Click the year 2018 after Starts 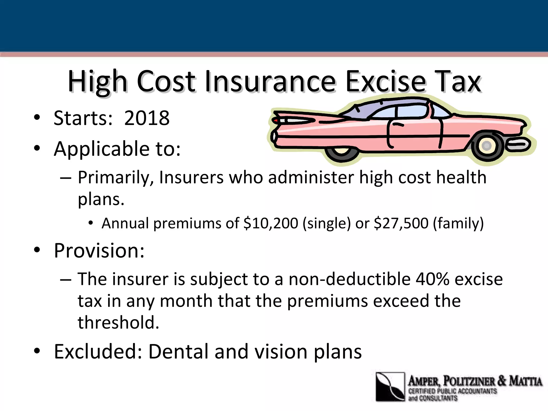(x=147, y=118)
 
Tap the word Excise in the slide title (x=385, y=81)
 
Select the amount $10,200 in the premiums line (x=271, y=223)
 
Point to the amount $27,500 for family (x=401, y=223)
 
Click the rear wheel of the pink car (x=342, y=152)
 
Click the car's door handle (x=398, y=124)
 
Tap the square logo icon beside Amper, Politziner (x=390, y=386)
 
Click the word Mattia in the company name (x=525, y=381)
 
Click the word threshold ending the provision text (x=118, y=322)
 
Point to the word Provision (x=99, y=251)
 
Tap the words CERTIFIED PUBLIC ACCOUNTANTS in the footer (x=452, y=391)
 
